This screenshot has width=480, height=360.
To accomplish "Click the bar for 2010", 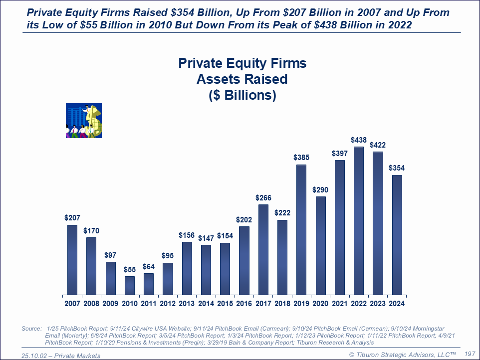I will click(130, 285).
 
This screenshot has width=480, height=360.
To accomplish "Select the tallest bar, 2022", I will click(359, 220).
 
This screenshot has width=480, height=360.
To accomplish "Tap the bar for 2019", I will click(301, 229).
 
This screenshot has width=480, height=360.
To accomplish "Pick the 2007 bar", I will click(72, 259).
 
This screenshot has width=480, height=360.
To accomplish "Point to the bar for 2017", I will click(263, 249).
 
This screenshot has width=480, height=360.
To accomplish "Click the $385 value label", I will click(301, 158).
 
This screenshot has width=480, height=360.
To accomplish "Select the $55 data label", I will click(130, 269).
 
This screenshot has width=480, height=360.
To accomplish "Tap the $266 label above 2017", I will click(263, 197).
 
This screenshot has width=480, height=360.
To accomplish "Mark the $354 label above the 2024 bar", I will click(397, 168).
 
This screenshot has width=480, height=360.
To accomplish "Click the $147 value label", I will click(206, 238).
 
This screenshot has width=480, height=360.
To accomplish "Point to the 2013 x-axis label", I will click(187, 303).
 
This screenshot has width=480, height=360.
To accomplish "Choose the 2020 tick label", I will click(320, 303).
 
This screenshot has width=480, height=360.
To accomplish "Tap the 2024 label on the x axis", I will click(397, 303).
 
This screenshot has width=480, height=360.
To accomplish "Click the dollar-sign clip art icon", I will click(84, 120).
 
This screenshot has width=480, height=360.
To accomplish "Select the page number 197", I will click(470, 354).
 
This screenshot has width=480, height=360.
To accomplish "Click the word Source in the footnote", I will click(31, 329).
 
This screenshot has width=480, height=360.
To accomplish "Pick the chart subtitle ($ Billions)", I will click(242, 95).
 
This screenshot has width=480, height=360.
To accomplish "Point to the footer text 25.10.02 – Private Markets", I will click(61, 356).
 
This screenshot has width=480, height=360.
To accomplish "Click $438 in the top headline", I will click(340, 24).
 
